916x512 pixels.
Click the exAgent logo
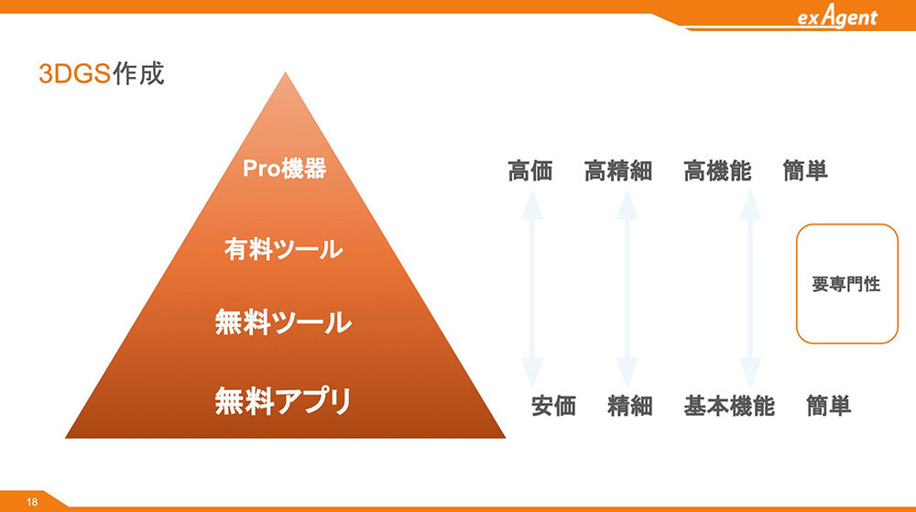837,16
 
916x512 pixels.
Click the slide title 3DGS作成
102,73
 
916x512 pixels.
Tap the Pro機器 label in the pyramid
285,169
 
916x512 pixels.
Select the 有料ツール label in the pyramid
283,249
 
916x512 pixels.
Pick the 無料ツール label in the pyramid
283,321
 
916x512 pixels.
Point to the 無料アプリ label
283,400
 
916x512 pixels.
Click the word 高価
529,171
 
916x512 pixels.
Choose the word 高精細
618,171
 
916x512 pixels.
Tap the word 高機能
717,171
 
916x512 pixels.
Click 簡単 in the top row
805,171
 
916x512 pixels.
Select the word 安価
554,406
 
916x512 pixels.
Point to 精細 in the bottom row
630,406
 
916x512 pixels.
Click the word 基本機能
729,406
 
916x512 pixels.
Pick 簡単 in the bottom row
828,406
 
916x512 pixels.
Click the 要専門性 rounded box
847,224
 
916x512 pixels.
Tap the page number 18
31,502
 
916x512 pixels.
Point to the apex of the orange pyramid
285,72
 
